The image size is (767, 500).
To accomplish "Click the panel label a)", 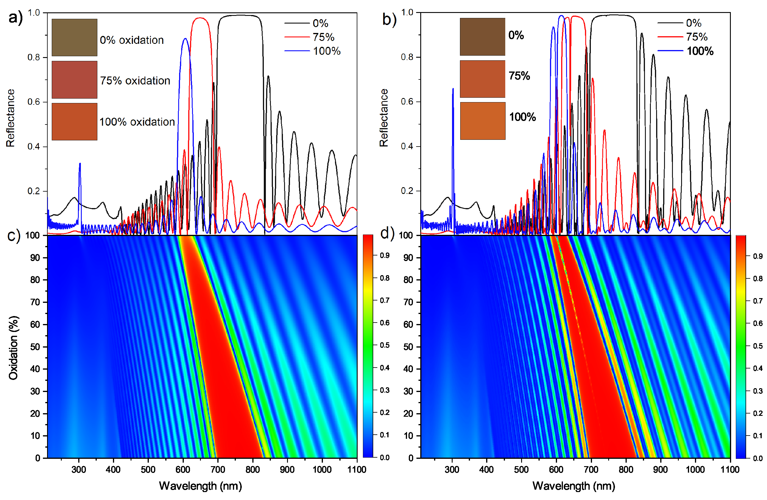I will tap(15, 18).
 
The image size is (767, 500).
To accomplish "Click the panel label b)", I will tap(389, 19).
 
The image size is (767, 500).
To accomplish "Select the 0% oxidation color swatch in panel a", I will tap(74, 37).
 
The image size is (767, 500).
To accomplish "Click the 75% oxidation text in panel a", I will tap(135, 81).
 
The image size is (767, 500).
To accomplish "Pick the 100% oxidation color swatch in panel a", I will tap(74, 122).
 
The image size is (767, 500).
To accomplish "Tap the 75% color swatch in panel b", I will tap(482, 79).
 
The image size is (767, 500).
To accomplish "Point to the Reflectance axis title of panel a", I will tap(11, 118).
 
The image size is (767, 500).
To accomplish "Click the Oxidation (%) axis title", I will tap(13, 348).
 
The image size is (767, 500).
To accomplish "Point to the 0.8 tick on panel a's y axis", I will tap(34, 57).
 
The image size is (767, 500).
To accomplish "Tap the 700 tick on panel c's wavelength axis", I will tap(218, 469).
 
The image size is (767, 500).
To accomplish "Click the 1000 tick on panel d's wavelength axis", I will tap(695, 469).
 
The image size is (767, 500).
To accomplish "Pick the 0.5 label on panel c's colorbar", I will tap(385, 345).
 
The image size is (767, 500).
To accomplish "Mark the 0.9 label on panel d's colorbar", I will tap(758, 256).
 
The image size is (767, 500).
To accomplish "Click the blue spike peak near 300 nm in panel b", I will tap(453, 89).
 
